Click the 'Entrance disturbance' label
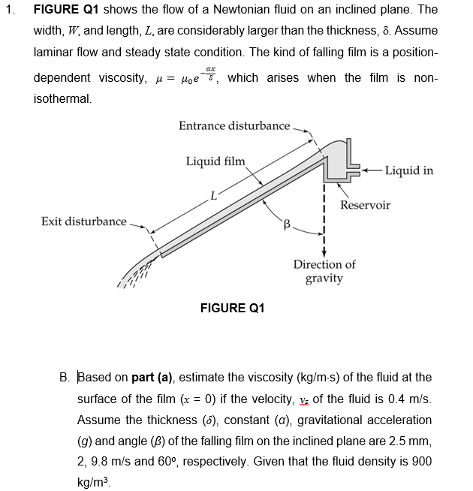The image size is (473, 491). point(233,125)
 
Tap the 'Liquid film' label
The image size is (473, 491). point(215,161)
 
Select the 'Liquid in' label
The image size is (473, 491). point(408,170)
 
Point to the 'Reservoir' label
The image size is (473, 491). point(365,205)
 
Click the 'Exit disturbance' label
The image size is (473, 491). point(83,221)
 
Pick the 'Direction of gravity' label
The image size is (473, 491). point(324,271)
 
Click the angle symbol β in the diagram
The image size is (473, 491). point(286,223)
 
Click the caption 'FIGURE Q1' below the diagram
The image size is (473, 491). point(233,308)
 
